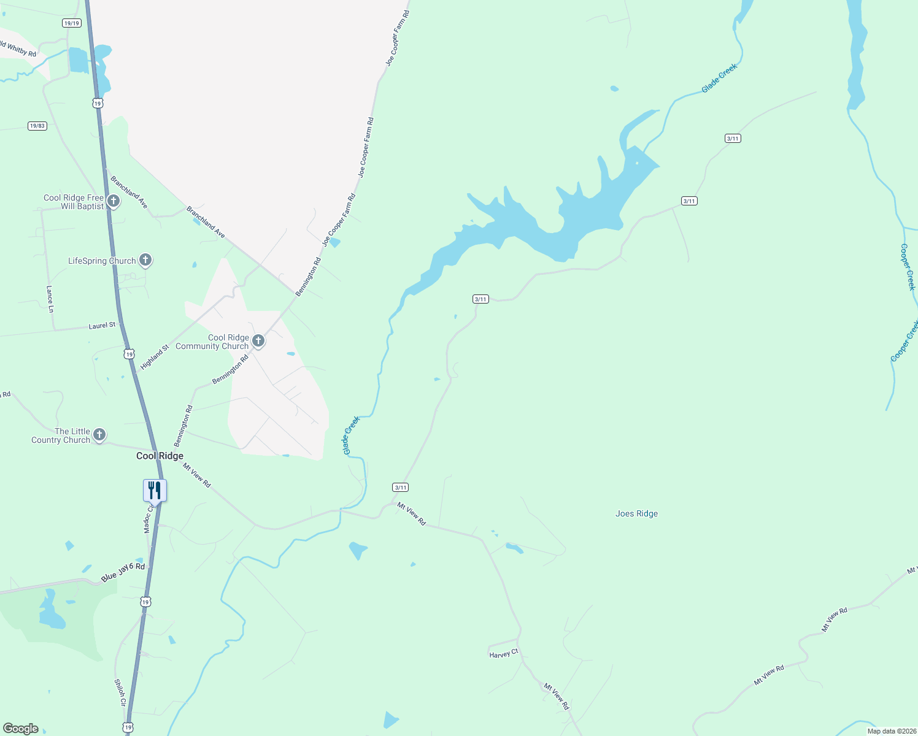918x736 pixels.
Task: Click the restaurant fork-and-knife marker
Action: (155, 490)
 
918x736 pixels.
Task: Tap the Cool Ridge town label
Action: (160, 456)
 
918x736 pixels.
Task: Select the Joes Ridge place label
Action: (636, 514)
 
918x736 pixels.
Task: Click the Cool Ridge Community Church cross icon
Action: (258, 341)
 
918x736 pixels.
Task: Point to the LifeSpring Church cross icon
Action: (145, 260)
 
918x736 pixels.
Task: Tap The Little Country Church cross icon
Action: (99, 435)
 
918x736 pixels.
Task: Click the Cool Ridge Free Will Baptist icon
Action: (114, 201)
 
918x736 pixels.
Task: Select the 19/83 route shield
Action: (37, 126)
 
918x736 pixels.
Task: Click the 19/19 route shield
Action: (72, 23)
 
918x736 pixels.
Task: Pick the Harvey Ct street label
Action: (504, 654)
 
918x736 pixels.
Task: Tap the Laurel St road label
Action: (102, 326)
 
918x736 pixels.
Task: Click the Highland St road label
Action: (155, 358)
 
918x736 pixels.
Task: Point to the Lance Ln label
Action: (50, 299)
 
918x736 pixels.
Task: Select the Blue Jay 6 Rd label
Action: (123, 572)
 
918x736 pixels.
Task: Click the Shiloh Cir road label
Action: (120, 692)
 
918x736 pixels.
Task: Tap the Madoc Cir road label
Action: (148, 519)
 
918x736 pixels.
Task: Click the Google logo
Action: (21, 729)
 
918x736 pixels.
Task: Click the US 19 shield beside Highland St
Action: (129, 354)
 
